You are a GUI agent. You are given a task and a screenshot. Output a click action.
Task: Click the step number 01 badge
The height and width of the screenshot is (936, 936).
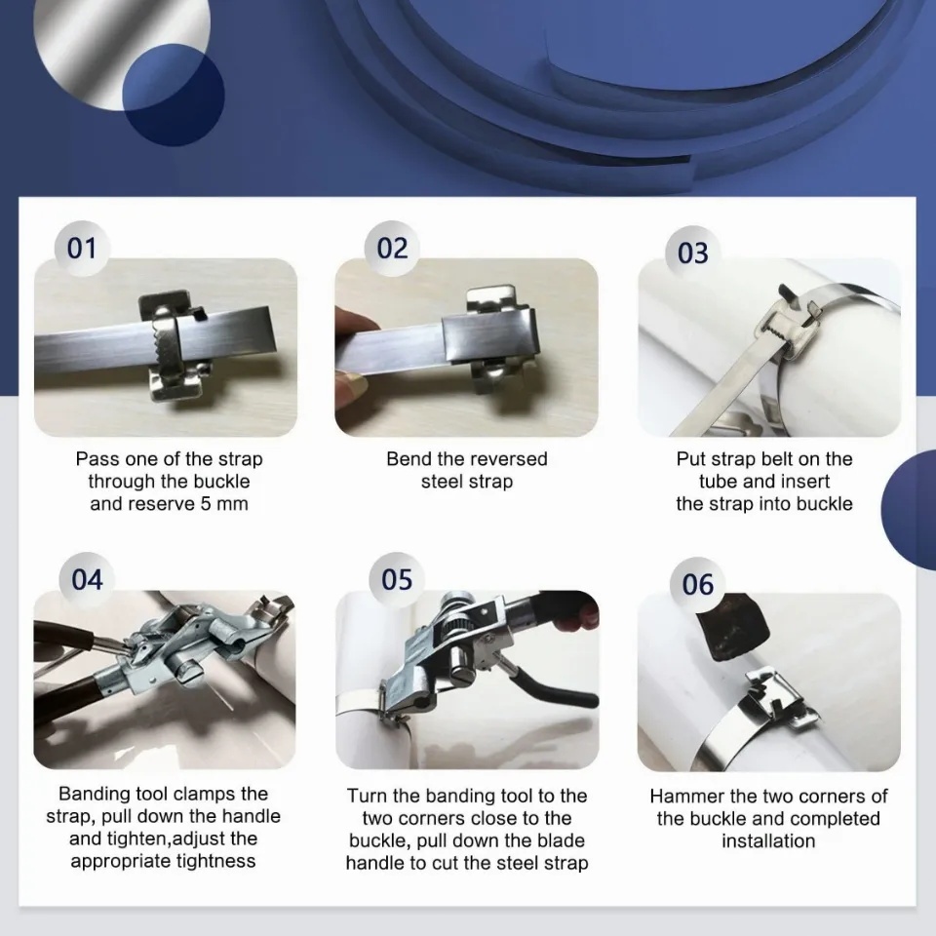click(x=82, y=249)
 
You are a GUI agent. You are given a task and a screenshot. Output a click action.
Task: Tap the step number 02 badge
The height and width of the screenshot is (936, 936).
click(x=392, y=249)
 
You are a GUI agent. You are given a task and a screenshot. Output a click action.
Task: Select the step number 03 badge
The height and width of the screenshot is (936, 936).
click(x=693, y=253)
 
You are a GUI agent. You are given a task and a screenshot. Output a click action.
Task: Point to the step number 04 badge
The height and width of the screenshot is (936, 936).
click(x=87, y=579)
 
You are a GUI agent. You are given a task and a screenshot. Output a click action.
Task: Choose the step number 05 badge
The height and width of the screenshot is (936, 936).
click(x=397, y=579)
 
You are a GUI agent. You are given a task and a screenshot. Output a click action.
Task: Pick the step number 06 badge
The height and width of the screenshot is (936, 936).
click(x=698, y=584)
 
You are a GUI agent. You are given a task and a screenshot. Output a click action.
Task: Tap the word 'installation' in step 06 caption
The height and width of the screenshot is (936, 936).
click(x=768, y=841)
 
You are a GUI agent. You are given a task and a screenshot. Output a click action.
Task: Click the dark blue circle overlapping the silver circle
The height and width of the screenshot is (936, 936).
click(x=174, y=95)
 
